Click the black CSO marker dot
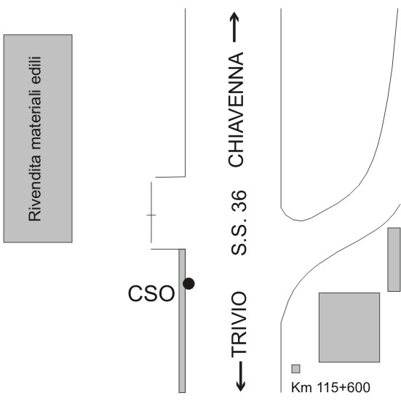click(188, 284)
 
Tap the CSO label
click(151, 293)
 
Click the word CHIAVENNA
click(236, 109)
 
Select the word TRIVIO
click(239, 324)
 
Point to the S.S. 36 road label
click(239, 223)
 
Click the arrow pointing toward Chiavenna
click(234, 27)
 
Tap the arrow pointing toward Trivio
click(240, 376)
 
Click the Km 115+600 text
click(330, 387)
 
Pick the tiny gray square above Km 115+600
click(296, 369)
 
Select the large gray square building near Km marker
click(349, 327)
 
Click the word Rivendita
click(34, 188)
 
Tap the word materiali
click(34, 120)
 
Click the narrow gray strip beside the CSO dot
click(182, 321)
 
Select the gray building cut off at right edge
click(394, 260)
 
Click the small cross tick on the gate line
click(151, 215)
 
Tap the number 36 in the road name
click(239, 202)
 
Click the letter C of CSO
click(135, 293)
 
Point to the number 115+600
click(344, 387)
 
